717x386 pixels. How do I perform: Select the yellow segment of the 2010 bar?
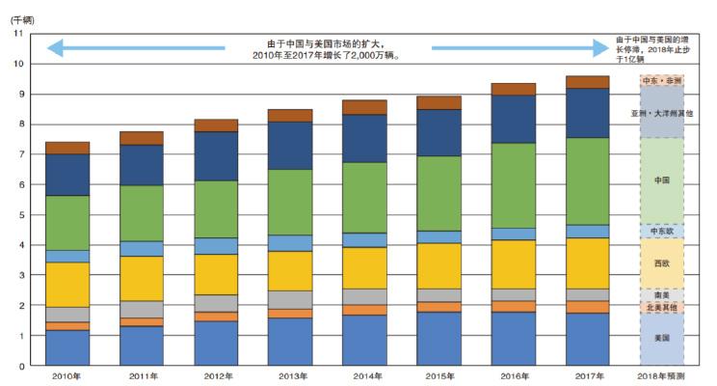point(67,284)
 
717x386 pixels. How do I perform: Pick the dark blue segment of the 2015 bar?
point(439,132)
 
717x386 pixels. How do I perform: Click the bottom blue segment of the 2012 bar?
point(216,343)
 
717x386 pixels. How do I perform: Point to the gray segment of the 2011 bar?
point(142,309)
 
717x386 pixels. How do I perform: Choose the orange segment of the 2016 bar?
point(514,306)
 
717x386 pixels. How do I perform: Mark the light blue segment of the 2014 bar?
point(365,239)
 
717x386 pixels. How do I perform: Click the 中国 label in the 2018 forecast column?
point(661,180)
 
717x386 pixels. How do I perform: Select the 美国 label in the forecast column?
point(661,339)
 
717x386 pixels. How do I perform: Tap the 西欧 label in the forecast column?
point(661,262)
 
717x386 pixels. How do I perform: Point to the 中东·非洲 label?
point(661,80)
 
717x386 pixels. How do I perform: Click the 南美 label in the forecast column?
point(661,294)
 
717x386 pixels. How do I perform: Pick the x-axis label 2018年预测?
point(661,377)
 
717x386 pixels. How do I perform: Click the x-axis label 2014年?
point(365,377)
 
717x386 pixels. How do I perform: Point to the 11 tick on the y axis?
point(18,34)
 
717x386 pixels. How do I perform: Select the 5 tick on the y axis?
point(20,214)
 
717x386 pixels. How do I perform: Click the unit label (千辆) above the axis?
point(20,18)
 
